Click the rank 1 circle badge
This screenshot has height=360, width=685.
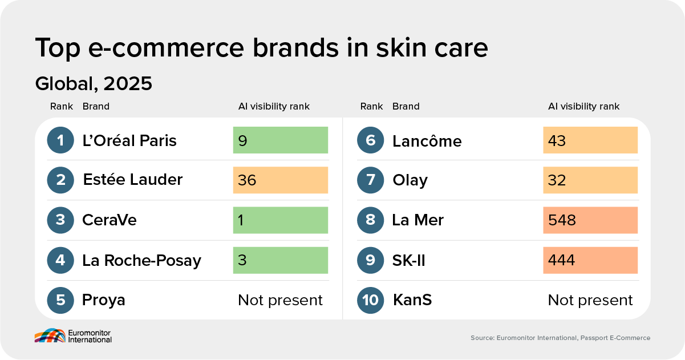(60, 140)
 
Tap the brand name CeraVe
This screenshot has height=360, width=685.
(109, 220)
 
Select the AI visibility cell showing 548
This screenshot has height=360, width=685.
(590, 220)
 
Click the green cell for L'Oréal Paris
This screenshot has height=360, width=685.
(281, 140)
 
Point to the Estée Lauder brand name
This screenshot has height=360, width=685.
(133, 180)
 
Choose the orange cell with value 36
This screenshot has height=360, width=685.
(281, 180)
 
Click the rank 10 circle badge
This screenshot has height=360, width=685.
(370, 300)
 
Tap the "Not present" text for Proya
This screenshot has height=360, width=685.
(280, 300)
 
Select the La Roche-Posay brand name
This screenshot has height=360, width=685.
(141, 261)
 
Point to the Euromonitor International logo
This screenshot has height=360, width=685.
(73, 336)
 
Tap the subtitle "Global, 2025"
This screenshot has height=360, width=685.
(94, 83)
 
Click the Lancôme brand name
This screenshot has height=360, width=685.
(427, 141)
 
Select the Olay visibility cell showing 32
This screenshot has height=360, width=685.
(590, 180)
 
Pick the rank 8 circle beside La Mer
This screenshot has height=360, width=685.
(370, 220)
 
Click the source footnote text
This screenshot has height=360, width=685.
(560, 338)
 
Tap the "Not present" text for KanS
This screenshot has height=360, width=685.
(590, 300)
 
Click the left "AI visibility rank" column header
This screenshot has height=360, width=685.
(274, 107)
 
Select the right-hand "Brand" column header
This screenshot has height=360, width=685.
(406, 107)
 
